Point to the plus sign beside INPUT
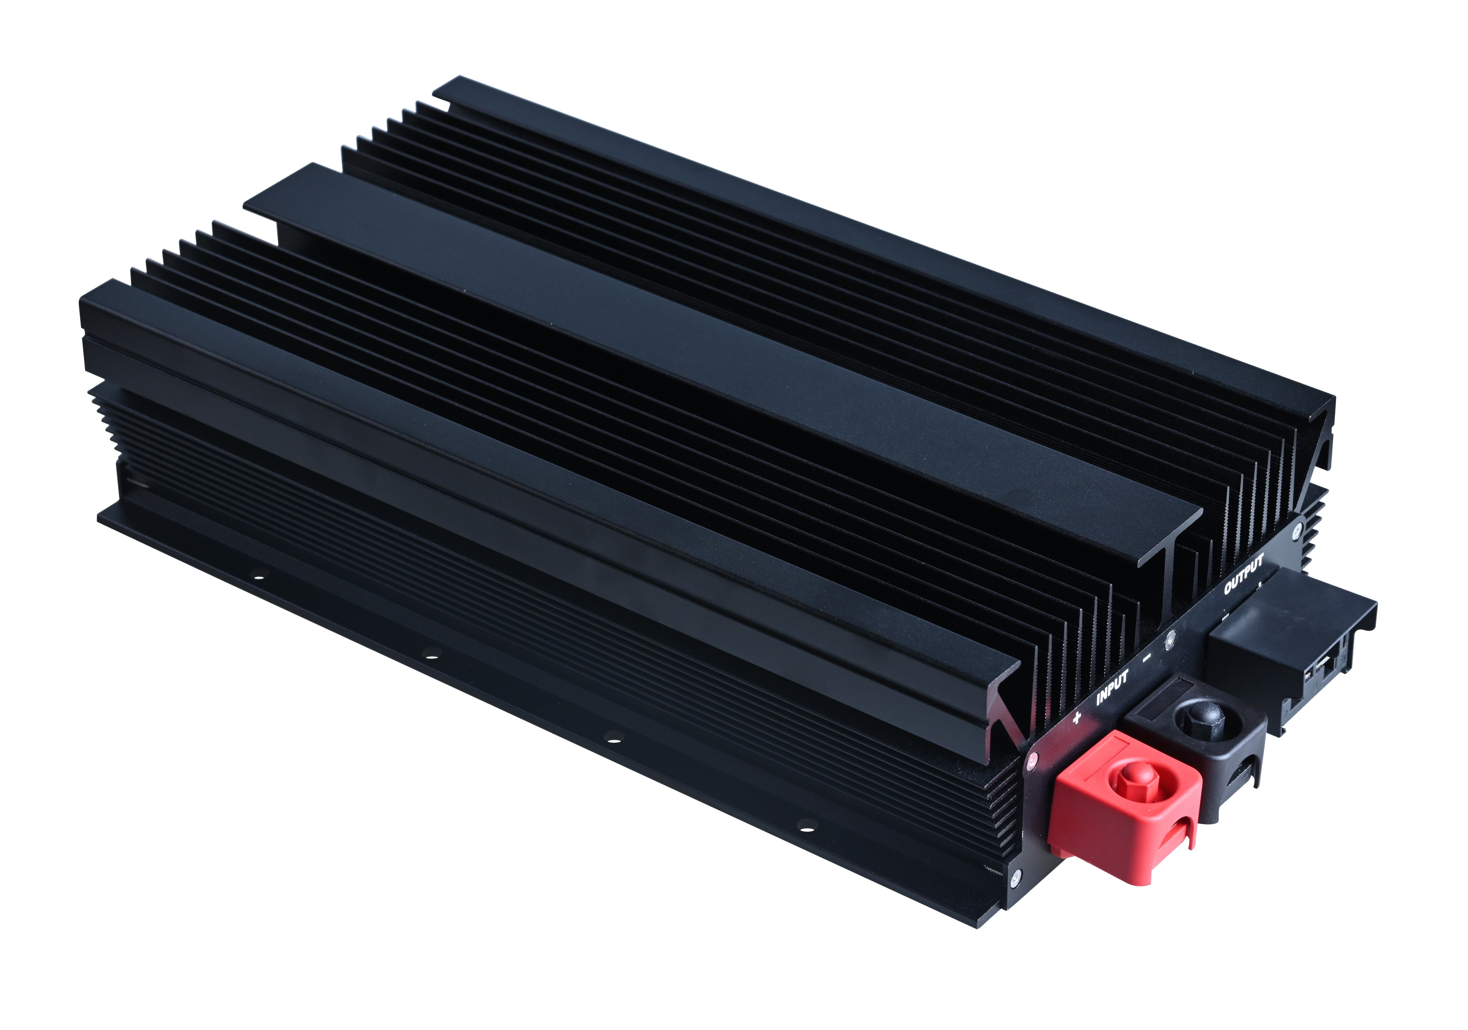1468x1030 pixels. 1077,717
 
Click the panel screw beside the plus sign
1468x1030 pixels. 1031,759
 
